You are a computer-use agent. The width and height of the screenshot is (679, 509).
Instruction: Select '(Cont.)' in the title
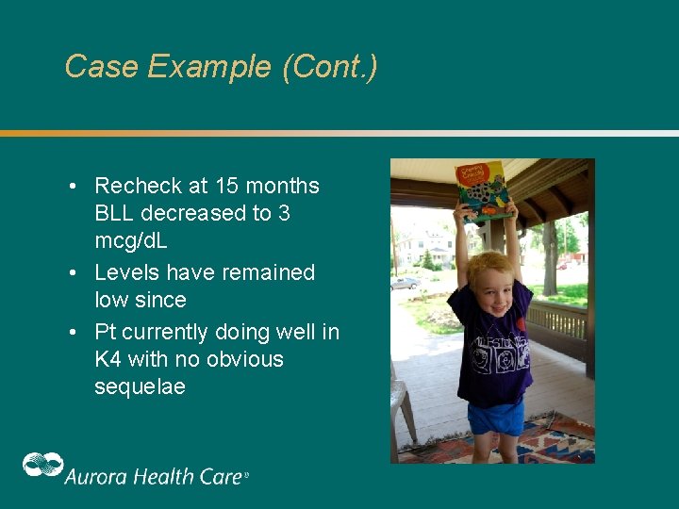click(x=329, y=67)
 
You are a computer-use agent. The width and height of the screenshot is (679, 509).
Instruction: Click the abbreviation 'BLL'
click(x=114, y=213)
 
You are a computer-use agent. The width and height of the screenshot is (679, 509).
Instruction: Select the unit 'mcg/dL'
click(x=133, y=240)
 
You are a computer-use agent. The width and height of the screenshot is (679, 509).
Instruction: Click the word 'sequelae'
click(x=140, y=386)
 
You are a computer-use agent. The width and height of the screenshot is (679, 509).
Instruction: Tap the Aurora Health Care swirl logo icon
click(x=42, y=466)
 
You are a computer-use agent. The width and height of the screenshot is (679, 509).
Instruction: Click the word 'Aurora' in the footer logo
click(x=97, y=476)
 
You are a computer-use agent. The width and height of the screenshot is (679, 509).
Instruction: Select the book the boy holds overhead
click(x=482, y=189)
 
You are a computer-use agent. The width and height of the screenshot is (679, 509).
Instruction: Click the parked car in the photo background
click(x=405, y=282)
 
